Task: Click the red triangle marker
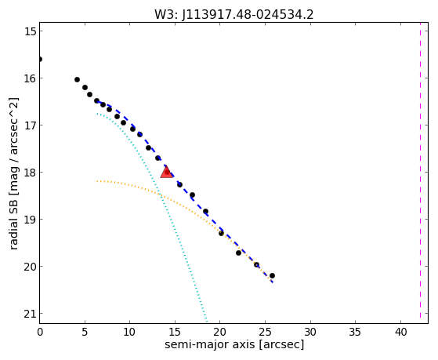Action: [x=166, y=172]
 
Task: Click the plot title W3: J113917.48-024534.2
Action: [x=234, y=15]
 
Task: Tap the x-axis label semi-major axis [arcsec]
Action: [x=234, y=344]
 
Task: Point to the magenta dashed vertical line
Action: [x=420, y=173]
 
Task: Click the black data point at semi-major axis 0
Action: [x=40, y=59]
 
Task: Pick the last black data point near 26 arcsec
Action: [x=272, y=275]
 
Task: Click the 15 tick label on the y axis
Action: [x=30, y=31]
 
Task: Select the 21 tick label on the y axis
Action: [x=30, y=314]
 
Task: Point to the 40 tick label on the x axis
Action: [x=400, y=332]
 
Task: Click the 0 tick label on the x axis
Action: [x=40, y=332]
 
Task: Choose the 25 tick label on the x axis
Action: [x=265, y=332]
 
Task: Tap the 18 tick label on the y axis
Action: [x=30, y=173]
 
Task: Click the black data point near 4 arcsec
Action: [x=77, y=80]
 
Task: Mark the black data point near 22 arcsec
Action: [x=238, y=253]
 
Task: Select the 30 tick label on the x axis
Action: [x=310, y=332]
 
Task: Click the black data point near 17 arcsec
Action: [x=192, y=195]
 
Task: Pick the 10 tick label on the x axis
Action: [x=129, y=332]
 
